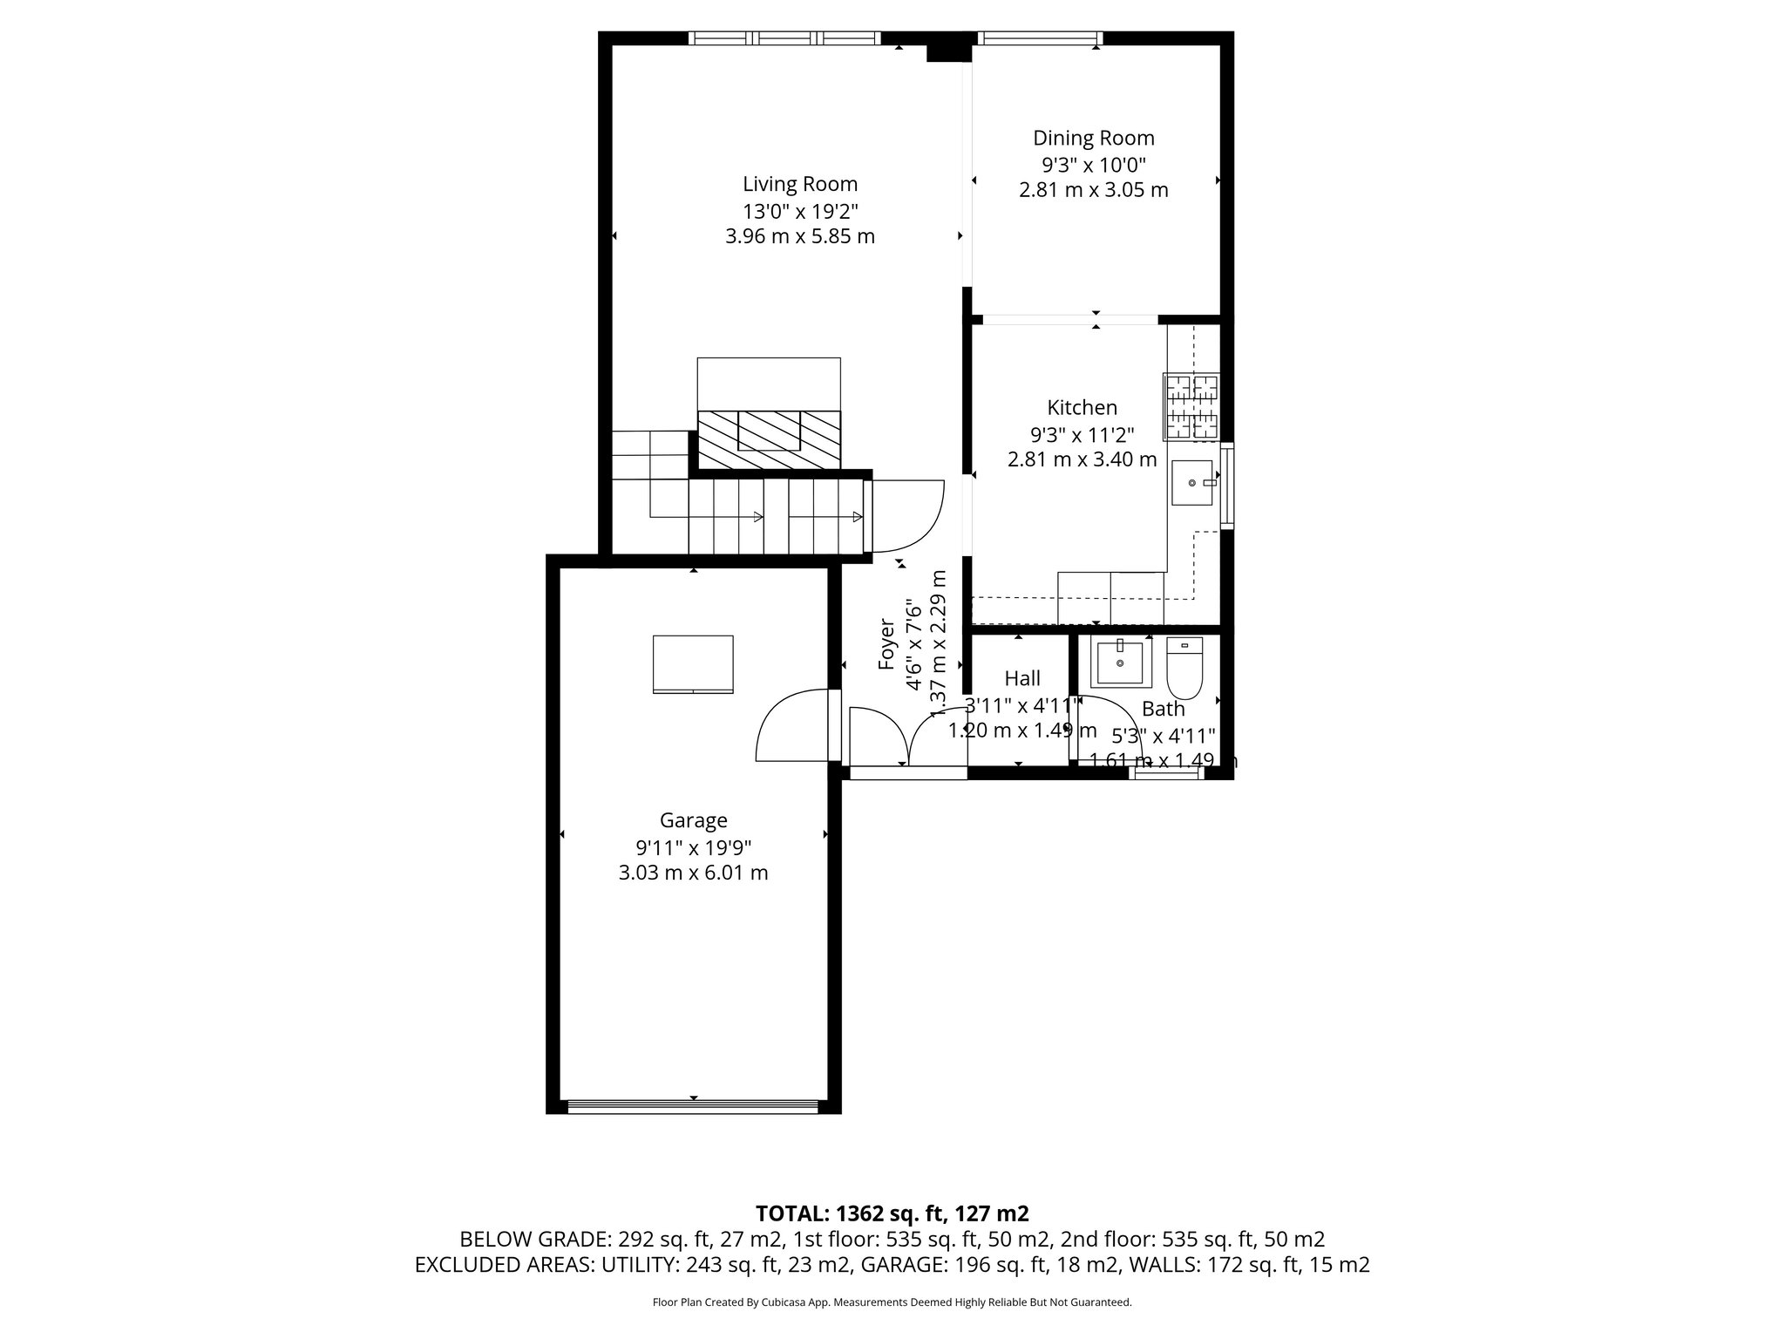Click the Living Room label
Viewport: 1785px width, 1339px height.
point(799,184)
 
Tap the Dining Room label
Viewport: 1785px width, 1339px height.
point(1093,138)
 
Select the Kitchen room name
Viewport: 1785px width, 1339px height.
point(1082,407)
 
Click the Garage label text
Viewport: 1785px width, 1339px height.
point(693,820)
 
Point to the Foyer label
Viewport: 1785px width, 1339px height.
point(886,644)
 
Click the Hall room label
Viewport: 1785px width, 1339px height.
point(1021,678)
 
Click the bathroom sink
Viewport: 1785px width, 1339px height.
point(1119,663)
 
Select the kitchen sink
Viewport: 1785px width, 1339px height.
point(1191,483)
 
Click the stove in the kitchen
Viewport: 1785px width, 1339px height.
point(1191,406)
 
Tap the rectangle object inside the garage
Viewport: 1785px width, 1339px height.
point(693,664)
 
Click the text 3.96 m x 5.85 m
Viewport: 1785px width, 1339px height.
point(799,236)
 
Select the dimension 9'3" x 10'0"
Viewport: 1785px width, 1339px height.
point(1093,164)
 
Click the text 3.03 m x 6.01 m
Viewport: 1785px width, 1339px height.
point(693,873)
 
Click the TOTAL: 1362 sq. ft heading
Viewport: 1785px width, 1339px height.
point(892,1213)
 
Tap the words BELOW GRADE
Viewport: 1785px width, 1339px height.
point(534,1240)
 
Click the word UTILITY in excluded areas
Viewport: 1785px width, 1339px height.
point(641,1265)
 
